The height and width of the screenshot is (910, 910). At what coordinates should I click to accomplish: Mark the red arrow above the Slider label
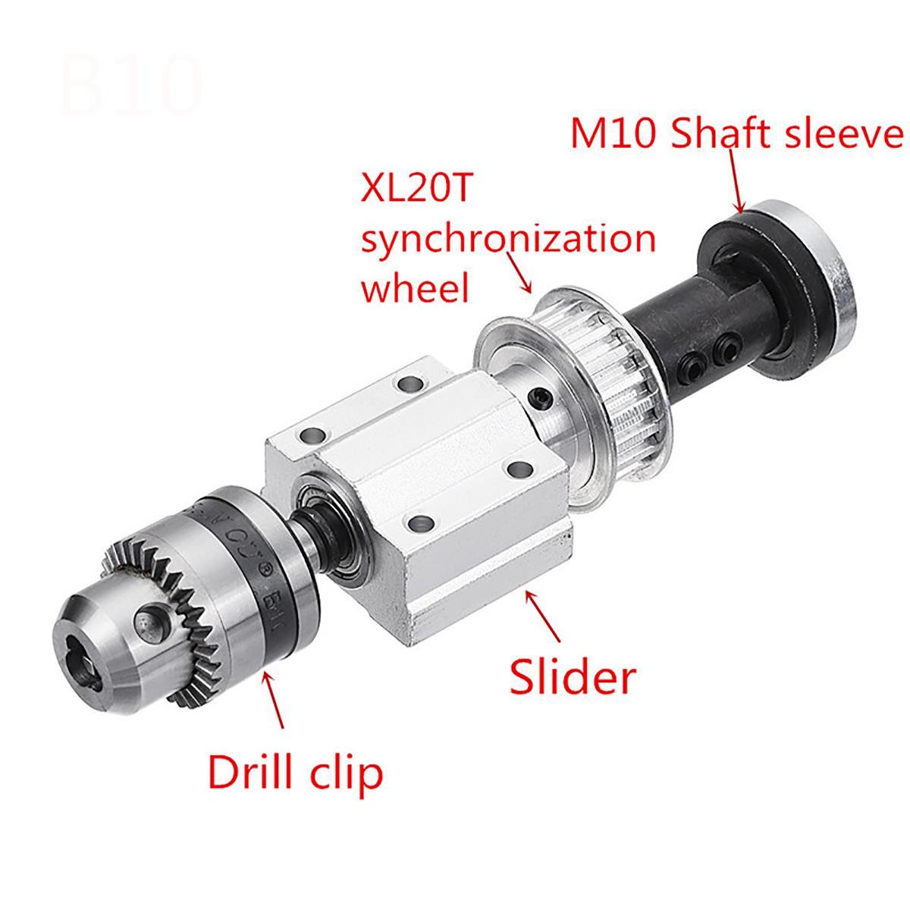point(547,617)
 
